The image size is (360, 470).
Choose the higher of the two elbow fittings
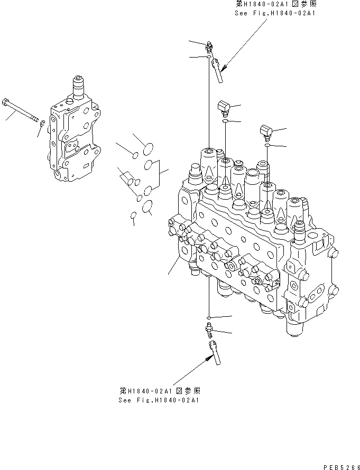(224, 109)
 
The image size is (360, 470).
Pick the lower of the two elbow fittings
(266, 131)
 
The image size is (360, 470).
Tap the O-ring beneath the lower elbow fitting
(268, 144)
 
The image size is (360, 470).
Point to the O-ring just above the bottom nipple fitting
(209, 318)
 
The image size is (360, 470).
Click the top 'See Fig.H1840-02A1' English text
(274, 14)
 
